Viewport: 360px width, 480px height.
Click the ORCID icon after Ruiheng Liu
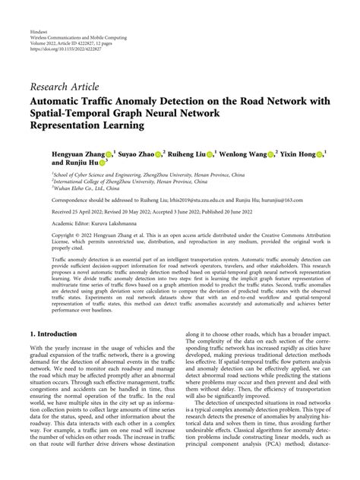point(210,153)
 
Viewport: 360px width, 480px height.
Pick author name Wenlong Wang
point(243,153)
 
